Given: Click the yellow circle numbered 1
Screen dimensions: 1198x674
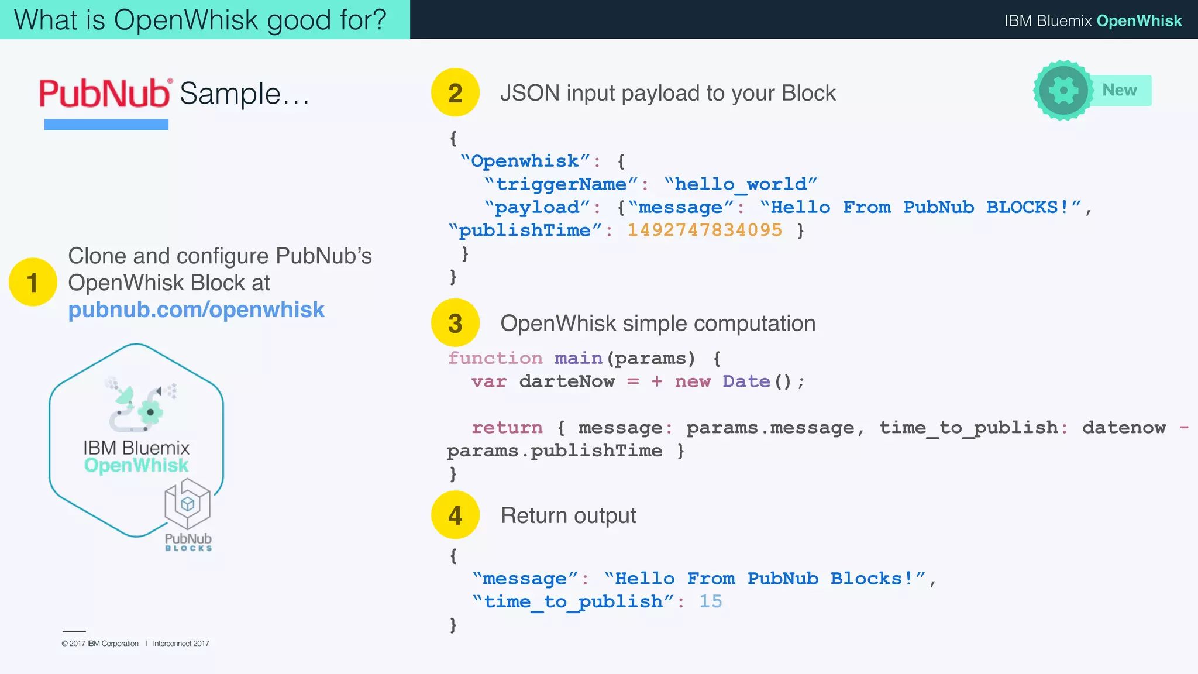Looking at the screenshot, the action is pyautogui.click(x=33, y=282).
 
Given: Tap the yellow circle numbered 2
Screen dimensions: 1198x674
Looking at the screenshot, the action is pyautogui.click(x=455, y=92).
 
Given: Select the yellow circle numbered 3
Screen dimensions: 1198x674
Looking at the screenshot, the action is pyautogui.click(x=455, y=322).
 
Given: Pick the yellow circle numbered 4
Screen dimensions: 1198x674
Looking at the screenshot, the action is pyautogui.click(x=455, y=515).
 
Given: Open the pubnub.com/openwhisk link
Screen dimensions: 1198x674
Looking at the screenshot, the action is pyautogui.click(x=196, y=310).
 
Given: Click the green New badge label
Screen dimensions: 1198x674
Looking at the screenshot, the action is pyautogui.click(x=1120, y=90).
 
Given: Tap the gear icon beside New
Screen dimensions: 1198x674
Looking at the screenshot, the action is pyautogui.click(x=1063, y=91).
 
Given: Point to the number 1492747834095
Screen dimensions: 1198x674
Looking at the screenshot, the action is pyautogui.click(x=704, y=230).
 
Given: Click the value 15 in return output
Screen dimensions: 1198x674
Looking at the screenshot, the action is pyautogui.click(x=711, y=601).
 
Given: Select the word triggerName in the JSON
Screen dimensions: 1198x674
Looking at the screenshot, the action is pyautogui.click(x=561, y=184).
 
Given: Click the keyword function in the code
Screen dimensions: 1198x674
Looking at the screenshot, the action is pyautogui.click(x=495, y=358).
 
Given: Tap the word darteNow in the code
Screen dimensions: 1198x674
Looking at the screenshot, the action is pyautogui.click(x=567, y=381).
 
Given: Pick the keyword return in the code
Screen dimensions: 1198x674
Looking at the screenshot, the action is pyautogui.click(x=507, y=428).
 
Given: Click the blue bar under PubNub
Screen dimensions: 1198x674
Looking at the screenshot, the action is pyautogui.click(x=106, y=125).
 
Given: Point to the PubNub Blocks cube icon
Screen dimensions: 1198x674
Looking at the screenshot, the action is pyautogui.click(x=187, y=503).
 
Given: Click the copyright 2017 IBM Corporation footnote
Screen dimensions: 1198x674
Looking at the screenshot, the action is pyautogui.click(x=100, y=644).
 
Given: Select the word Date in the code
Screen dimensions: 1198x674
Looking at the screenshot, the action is pyautogui.click(x=746, y=381).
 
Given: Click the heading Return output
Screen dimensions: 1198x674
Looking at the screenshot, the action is pyautogui.click(x=568, y=515).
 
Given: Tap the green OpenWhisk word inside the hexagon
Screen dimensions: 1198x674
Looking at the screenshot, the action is pyautogui.click(x=136, y=466).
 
